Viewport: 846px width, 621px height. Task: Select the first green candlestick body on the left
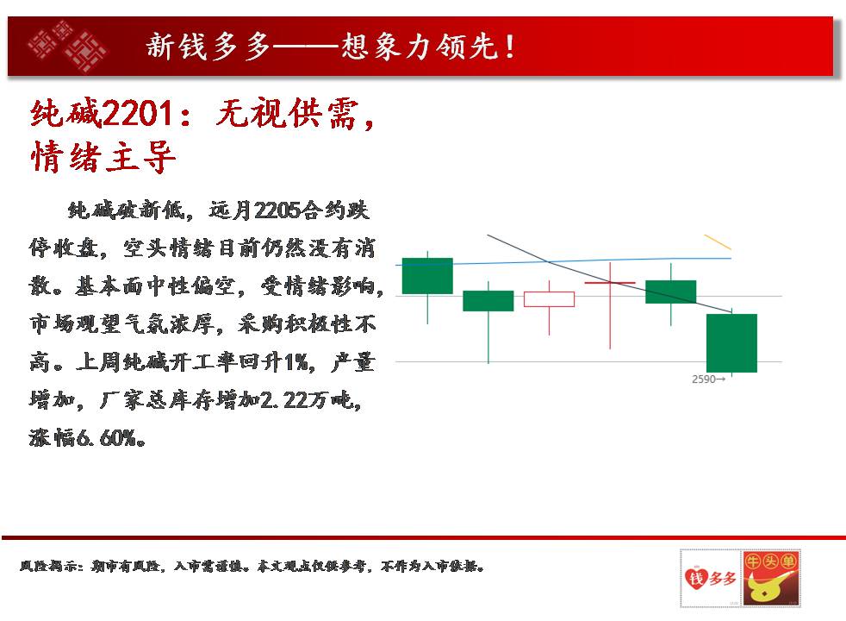pyautogui.click(x=427, y=276)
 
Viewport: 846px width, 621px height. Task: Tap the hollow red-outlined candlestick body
pyautogui.click(x=550, y=299)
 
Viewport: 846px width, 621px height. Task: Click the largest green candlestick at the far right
pyautogui.click(x=731, y=343)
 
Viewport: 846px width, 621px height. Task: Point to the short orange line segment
pyautogui.click(x=718, y=241)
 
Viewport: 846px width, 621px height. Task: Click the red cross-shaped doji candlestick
pyautogui.click(x=610, y=305)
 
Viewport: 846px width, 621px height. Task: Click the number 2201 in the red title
pyautogui.click(x=138, y=113)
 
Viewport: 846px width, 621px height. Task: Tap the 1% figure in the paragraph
pyautogui.click(x=295, y=361)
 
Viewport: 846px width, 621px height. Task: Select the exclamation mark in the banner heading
pyautogui.click(x=509, y=47)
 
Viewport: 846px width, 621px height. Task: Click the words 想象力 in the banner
pyautogui.click(x=389, y=47)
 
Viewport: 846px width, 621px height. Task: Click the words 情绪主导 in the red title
pyautogui.click(x=103, y=157)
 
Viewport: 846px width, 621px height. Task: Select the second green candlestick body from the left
pyautogui.click(x=488, y=301)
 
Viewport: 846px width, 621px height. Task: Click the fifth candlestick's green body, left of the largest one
pyautogui.click(x=670, y=292)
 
